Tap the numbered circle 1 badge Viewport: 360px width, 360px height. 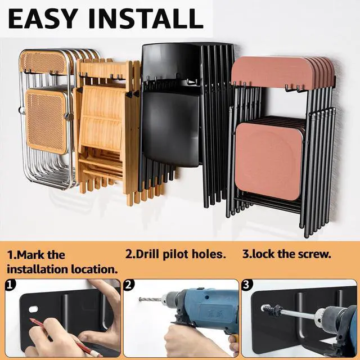10,285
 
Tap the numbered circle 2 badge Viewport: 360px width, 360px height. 129,285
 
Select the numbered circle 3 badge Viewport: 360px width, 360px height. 247,285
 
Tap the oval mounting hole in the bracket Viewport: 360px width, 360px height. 34,309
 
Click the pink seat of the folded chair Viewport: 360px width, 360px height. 269,161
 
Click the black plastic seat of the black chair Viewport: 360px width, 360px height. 170,129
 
